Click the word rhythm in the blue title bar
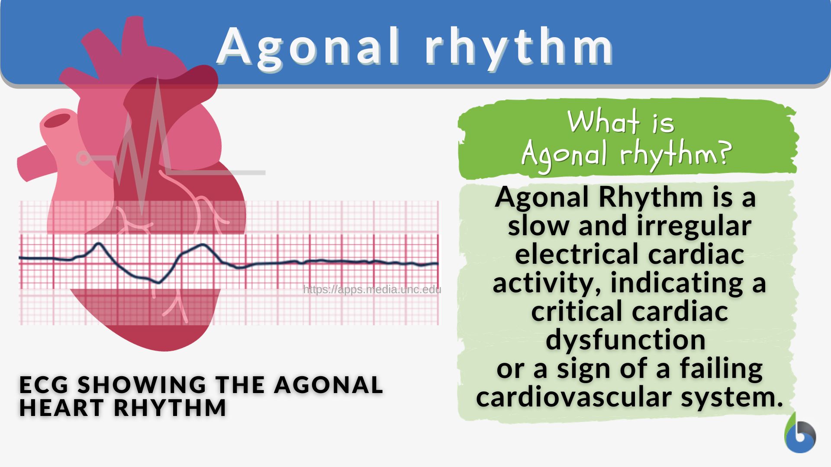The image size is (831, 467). [519, 47]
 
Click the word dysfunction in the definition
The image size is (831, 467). [625, 340]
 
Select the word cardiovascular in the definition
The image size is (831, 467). [574, 397]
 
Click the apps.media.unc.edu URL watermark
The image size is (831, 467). [372, 289]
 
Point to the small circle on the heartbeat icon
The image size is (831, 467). [83, 158]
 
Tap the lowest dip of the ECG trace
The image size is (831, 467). [159, 283]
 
